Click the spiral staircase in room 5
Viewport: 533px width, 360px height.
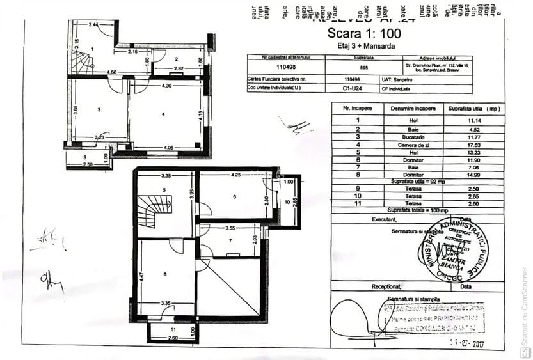tap(155, 212)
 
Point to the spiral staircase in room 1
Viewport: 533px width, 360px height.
tap(81, 62)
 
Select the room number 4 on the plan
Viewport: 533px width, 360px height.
tap(164, 114)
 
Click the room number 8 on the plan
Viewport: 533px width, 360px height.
tap(164, 274)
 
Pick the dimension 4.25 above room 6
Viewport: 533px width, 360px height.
tap(235, 175)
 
